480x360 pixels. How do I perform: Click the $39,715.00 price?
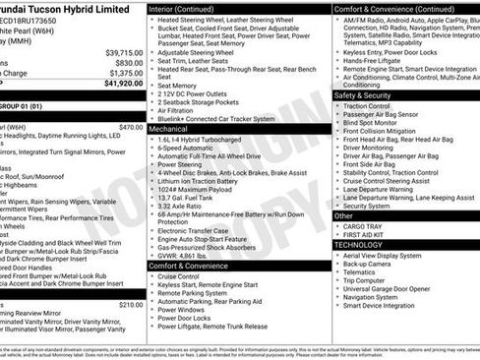(x=124, y=51)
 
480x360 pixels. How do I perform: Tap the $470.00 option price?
(x=130, y=127)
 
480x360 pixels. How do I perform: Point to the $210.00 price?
(x=130, y=305)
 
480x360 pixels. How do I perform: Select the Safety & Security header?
(x=370, y=95)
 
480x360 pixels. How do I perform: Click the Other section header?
(x=344, y=214)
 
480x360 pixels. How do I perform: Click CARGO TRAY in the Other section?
(x=363, y=226)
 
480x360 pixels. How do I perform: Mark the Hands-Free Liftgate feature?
(x=374, y=60)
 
